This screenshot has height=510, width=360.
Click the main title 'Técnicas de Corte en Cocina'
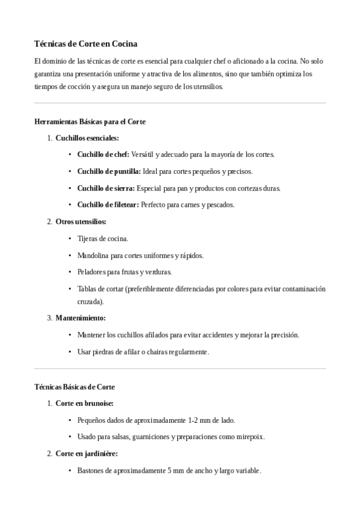pyautogui.click(x=86, y=44)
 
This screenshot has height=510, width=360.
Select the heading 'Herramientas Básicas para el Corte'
pyautogui.click(x=90, y=121)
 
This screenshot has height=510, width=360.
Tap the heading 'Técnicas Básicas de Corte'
pyautogui.click(x=75, y=387)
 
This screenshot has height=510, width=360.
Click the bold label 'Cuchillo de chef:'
pyautogui.click(x=103, y=155)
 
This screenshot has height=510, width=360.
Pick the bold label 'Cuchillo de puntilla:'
pyautogui.click(x=109, y=171)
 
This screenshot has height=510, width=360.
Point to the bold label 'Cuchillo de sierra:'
pyautogui.click(x=106, y=188)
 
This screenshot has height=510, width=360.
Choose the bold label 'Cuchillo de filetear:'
pyautogui.click(x=108, y=205)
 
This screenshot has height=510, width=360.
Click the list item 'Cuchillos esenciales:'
pyautogui.click(x=87, y=138)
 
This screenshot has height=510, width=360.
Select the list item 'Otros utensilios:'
pyautogui.click(x=81, y=222)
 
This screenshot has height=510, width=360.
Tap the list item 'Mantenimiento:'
pyautogui.click(x=81, y=318)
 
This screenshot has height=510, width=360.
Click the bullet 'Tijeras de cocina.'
pyautogui.click(x=103, y=239)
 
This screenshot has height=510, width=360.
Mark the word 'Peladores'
pyautogui.click(x=91, y=272)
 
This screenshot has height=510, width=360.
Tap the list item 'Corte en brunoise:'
pyautogui.click(x=84, y=404)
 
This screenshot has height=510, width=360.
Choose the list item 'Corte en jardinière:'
pyautogui.click(x=87, y=453)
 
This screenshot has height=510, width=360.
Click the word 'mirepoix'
pyautogui.click(x=249, y=437)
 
